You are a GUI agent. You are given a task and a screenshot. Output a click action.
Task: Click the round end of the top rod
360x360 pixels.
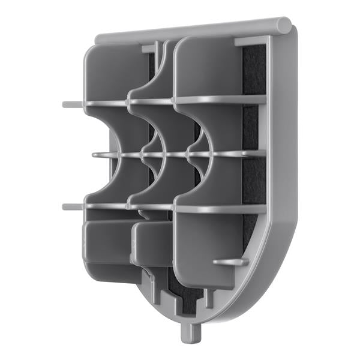pyautogui.click(x=285, y=25)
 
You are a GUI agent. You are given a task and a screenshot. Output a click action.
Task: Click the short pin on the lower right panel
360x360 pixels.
pyautogui.click(x=230, y=262)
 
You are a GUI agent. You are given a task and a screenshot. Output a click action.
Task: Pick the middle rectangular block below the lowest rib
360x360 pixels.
pyautogui.click(x=150, y=246)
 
